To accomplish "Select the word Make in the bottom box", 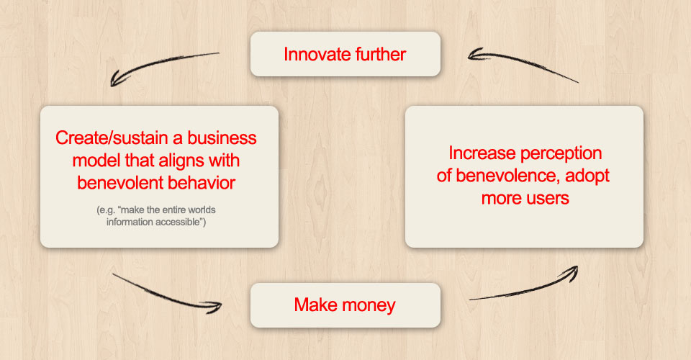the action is (315, 305).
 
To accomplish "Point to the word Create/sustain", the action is (112, 138).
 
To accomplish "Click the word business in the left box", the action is (222, 138).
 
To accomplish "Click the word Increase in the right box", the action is (482, 153).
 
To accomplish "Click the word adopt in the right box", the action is (587, 176).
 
